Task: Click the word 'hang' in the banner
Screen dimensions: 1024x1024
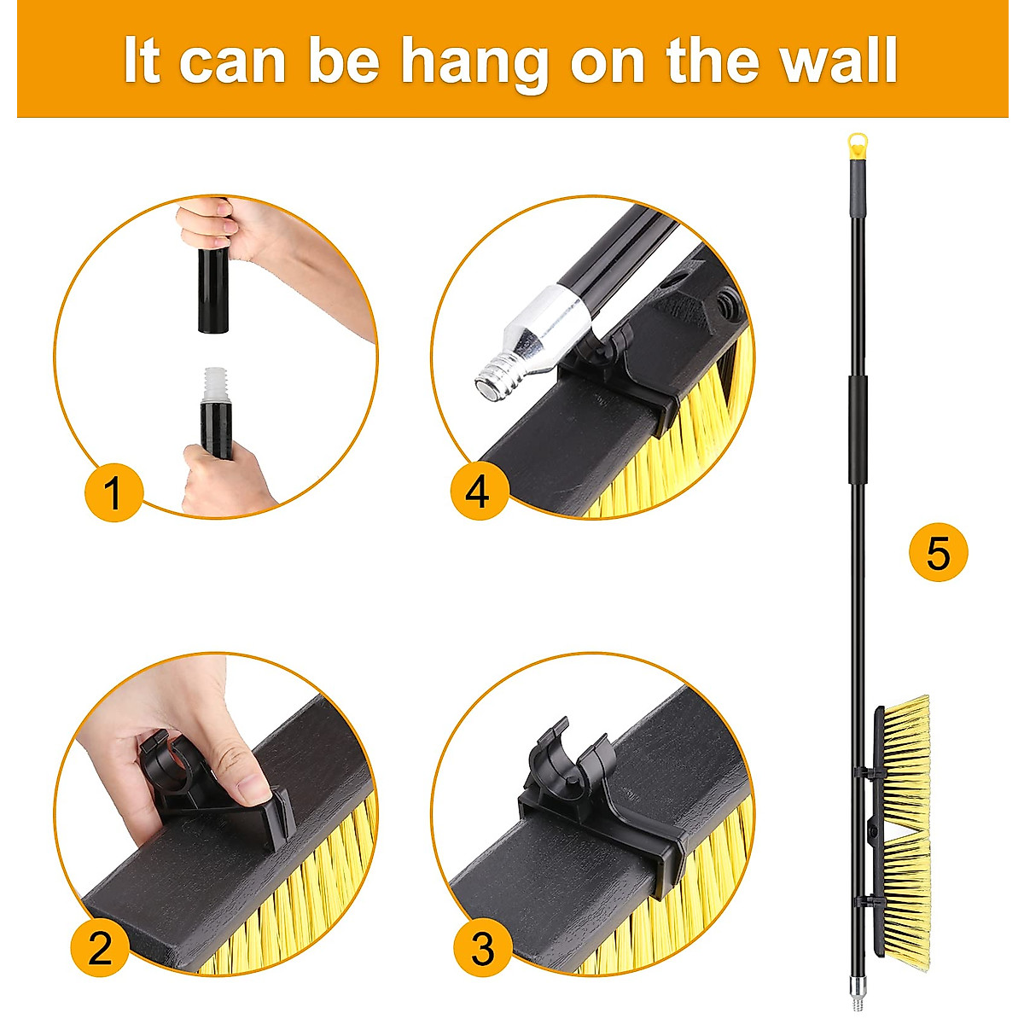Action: [474, 61]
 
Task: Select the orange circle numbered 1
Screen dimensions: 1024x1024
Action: [113, 493]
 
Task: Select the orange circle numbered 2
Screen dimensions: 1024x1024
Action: [100, 947]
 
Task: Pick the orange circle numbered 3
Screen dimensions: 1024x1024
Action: [482, 947]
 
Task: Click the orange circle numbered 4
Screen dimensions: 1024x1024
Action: [479, 492]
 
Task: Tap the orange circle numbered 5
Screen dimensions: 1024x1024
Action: [938, 554]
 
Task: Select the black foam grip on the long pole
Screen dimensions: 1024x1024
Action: [858, 427]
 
